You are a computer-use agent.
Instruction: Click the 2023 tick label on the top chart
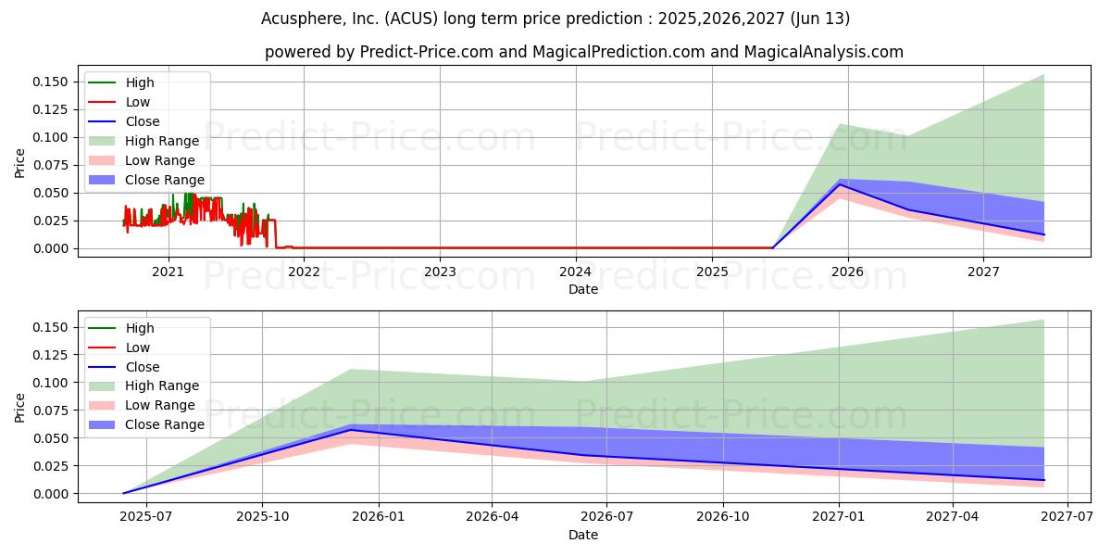point(440,272)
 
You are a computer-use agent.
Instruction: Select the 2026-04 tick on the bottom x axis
point(492,517)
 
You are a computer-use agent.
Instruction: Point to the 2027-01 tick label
point(839,517)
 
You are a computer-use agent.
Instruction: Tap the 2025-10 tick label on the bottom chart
point(262,517)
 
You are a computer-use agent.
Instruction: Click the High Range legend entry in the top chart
point(162,141)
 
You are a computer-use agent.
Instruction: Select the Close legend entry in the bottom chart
point(143,367)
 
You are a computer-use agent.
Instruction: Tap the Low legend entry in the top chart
point(138,102)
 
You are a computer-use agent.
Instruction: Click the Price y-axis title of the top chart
point(20,162)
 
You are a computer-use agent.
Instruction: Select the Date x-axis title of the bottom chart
point(583,535)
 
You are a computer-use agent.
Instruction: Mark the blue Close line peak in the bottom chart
point(351,429)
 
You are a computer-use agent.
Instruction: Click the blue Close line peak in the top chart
point(840,184)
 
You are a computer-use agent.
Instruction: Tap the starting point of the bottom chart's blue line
point(123,493)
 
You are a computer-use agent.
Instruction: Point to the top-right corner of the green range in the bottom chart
point(1044,321)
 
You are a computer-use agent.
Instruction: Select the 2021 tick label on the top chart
point(168,272)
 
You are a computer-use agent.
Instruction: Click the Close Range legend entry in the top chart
point(165,180)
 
